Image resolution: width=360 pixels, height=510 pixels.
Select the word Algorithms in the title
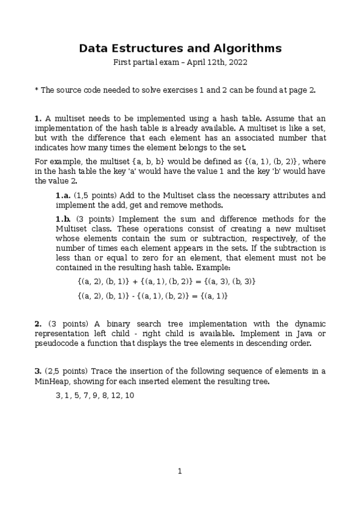pos(246,48)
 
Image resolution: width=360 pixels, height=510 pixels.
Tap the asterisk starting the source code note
pos(36,90)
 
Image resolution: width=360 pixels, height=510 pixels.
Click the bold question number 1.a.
pos(63,195)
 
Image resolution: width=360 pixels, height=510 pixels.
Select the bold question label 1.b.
pos(63,219)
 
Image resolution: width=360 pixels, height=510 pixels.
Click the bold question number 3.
pos(37,371)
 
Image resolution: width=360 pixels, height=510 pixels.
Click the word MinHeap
pos(51,381)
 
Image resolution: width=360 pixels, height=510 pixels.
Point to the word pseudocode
pos(59,343)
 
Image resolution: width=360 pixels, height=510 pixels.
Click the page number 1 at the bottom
pos(180,471)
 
